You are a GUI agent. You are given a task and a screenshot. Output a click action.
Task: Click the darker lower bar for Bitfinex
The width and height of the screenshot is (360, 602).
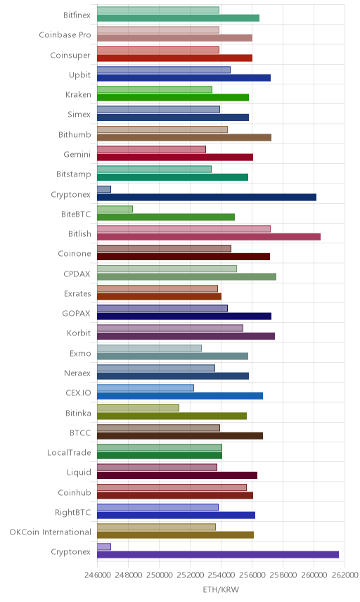pyautogui.click(x=178, y=18)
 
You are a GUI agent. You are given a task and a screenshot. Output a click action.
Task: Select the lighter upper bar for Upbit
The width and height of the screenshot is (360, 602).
pyautogui.click(x=164, y=70)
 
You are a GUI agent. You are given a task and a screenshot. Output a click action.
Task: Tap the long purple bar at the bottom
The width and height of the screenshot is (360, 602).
pyautogui.click(x=218, y=554)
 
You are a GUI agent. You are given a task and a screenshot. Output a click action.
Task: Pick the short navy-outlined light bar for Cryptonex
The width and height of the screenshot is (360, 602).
pyautogui.click(x=104, y=189)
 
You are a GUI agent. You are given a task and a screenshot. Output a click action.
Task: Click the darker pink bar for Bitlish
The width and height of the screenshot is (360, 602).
pyautogui.click(x=209, y=237)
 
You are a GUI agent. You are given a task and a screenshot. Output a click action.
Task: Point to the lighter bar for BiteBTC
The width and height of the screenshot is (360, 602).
pyautogui.click(x=115, y=209)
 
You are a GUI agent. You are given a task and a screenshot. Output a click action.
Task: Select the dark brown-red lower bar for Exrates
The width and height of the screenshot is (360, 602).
pyautogui.click(x=160, y=296)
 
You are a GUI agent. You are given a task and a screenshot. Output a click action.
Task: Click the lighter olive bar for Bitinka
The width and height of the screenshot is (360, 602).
pyautogui.click(x=139, y=408)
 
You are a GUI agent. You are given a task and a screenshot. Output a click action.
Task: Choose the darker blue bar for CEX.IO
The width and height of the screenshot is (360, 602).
pyautogui.click(x=180, y=396)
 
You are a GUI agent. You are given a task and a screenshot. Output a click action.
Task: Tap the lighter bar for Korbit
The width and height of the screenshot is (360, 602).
pyautogui.click(x=170, y=328)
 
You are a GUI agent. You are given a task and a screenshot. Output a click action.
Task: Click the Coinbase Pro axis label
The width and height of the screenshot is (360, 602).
pyautogui.click(x=65, y=35)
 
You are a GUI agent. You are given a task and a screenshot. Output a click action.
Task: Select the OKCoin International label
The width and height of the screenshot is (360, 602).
pyautogui.click(x=51, y=532)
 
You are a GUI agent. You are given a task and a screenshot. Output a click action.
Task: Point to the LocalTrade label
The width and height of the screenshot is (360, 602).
pyautogui.click(x=69, y=453)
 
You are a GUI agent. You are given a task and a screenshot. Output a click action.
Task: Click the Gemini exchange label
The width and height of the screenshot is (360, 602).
pyautogui.click(x=77, y=154)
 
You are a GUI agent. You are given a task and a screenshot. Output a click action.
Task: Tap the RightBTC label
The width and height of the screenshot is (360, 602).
pyautogui.click(x=73, y=512)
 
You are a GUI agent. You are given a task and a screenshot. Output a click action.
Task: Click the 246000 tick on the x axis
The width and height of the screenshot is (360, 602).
pyautogui.click(x=97, y=575)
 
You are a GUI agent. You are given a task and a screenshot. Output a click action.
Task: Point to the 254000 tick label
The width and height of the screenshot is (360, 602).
pyautogui.click(x=221, y=575)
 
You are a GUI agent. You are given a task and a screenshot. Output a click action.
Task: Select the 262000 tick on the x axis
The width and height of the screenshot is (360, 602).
pyautogui.click(x=345, y=575)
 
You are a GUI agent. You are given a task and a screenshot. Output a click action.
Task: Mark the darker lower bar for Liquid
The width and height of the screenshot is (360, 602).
pyautogui.click(x=177, y=475)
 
